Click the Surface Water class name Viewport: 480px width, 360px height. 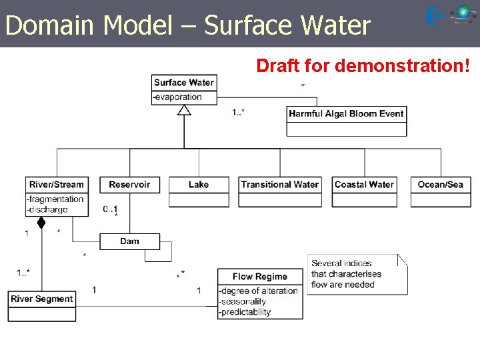coord(184,83)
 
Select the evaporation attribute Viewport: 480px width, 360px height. coord(178,97)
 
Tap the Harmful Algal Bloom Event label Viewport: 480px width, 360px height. coord(346,113)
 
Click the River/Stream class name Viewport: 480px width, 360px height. coord(57,185)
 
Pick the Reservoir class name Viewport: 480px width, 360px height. coord(129,185)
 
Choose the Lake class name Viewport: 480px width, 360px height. coord(199,185)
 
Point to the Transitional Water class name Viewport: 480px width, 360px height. coord(280,185)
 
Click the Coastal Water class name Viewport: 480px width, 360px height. coord(364,185)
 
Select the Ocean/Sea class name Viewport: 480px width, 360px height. coord(440,185)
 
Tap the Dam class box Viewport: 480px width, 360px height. coord(130,241)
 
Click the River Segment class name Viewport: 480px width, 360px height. coord(41,299)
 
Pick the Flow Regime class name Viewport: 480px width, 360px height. coord(260,277)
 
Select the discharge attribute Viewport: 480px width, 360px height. coord(47,209)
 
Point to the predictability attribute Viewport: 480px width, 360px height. coord(245,312)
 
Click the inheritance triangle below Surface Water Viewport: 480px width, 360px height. coord(184,111)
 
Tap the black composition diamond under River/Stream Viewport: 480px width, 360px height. coord(41,223)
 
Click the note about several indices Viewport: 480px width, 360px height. coord(356,274)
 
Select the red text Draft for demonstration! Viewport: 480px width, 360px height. coord(363,65)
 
